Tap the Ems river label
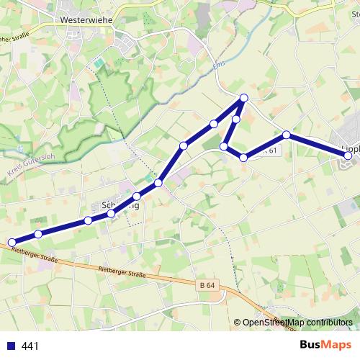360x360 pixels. point(220,67)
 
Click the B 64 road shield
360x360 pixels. point(207,285)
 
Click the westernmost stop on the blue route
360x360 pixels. point(12,243)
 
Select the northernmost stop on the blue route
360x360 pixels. point(244,98)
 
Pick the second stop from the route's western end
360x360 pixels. point(38,234)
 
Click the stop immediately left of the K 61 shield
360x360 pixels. point(243,157)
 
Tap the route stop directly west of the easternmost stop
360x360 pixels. point(287,135)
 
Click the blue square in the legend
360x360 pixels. point(12,346)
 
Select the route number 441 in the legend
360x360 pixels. point(30,346)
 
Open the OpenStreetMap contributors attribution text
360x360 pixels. point(297,323)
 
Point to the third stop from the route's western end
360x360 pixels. point(88,220)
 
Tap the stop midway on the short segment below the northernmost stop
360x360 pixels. point(235,119)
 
